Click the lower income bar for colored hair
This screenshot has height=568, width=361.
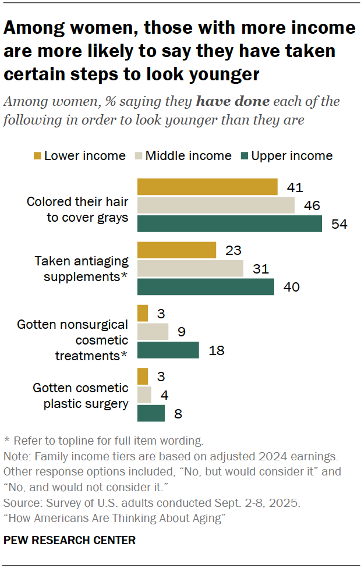pyautogui.click(x=207, y=187)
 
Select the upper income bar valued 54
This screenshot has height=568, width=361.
pyautogui.click(x=229, y=223)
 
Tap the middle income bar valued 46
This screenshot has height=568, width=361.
pyautogui.click(x=216, y=205)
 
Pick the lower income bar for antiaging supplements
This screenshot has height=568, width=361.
pyautogui.click(x=176, y=250)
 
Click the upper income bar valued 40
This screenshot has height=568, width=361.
pyautogui.click(x=206, y=287)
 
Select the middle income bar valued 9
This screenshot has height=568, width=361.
pyautogui.click(x=153, y=332)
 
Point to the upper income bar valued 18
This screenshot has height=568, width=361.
pyautogui.click(x=168, y=350)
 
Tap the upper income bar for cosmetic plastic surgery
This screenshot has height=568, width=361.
pyautogui.click(x=151, y=413)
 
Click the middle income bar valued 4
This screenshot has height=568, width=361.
pyautogui.click(x=144, y=395)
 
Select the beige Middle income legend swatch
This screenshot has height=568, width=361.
pyautogui.click(x=138, y=156)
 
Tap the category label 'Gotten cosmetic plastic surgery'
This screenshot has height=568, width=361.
pyautogui.click(x=80, y=395)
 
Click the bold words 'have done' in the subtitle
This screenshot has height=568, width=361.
pyautogui.click(x=233, y=101)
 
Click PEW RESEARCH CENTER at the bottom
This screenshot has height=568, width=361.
pyautogui.click(x=70, y=540)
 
